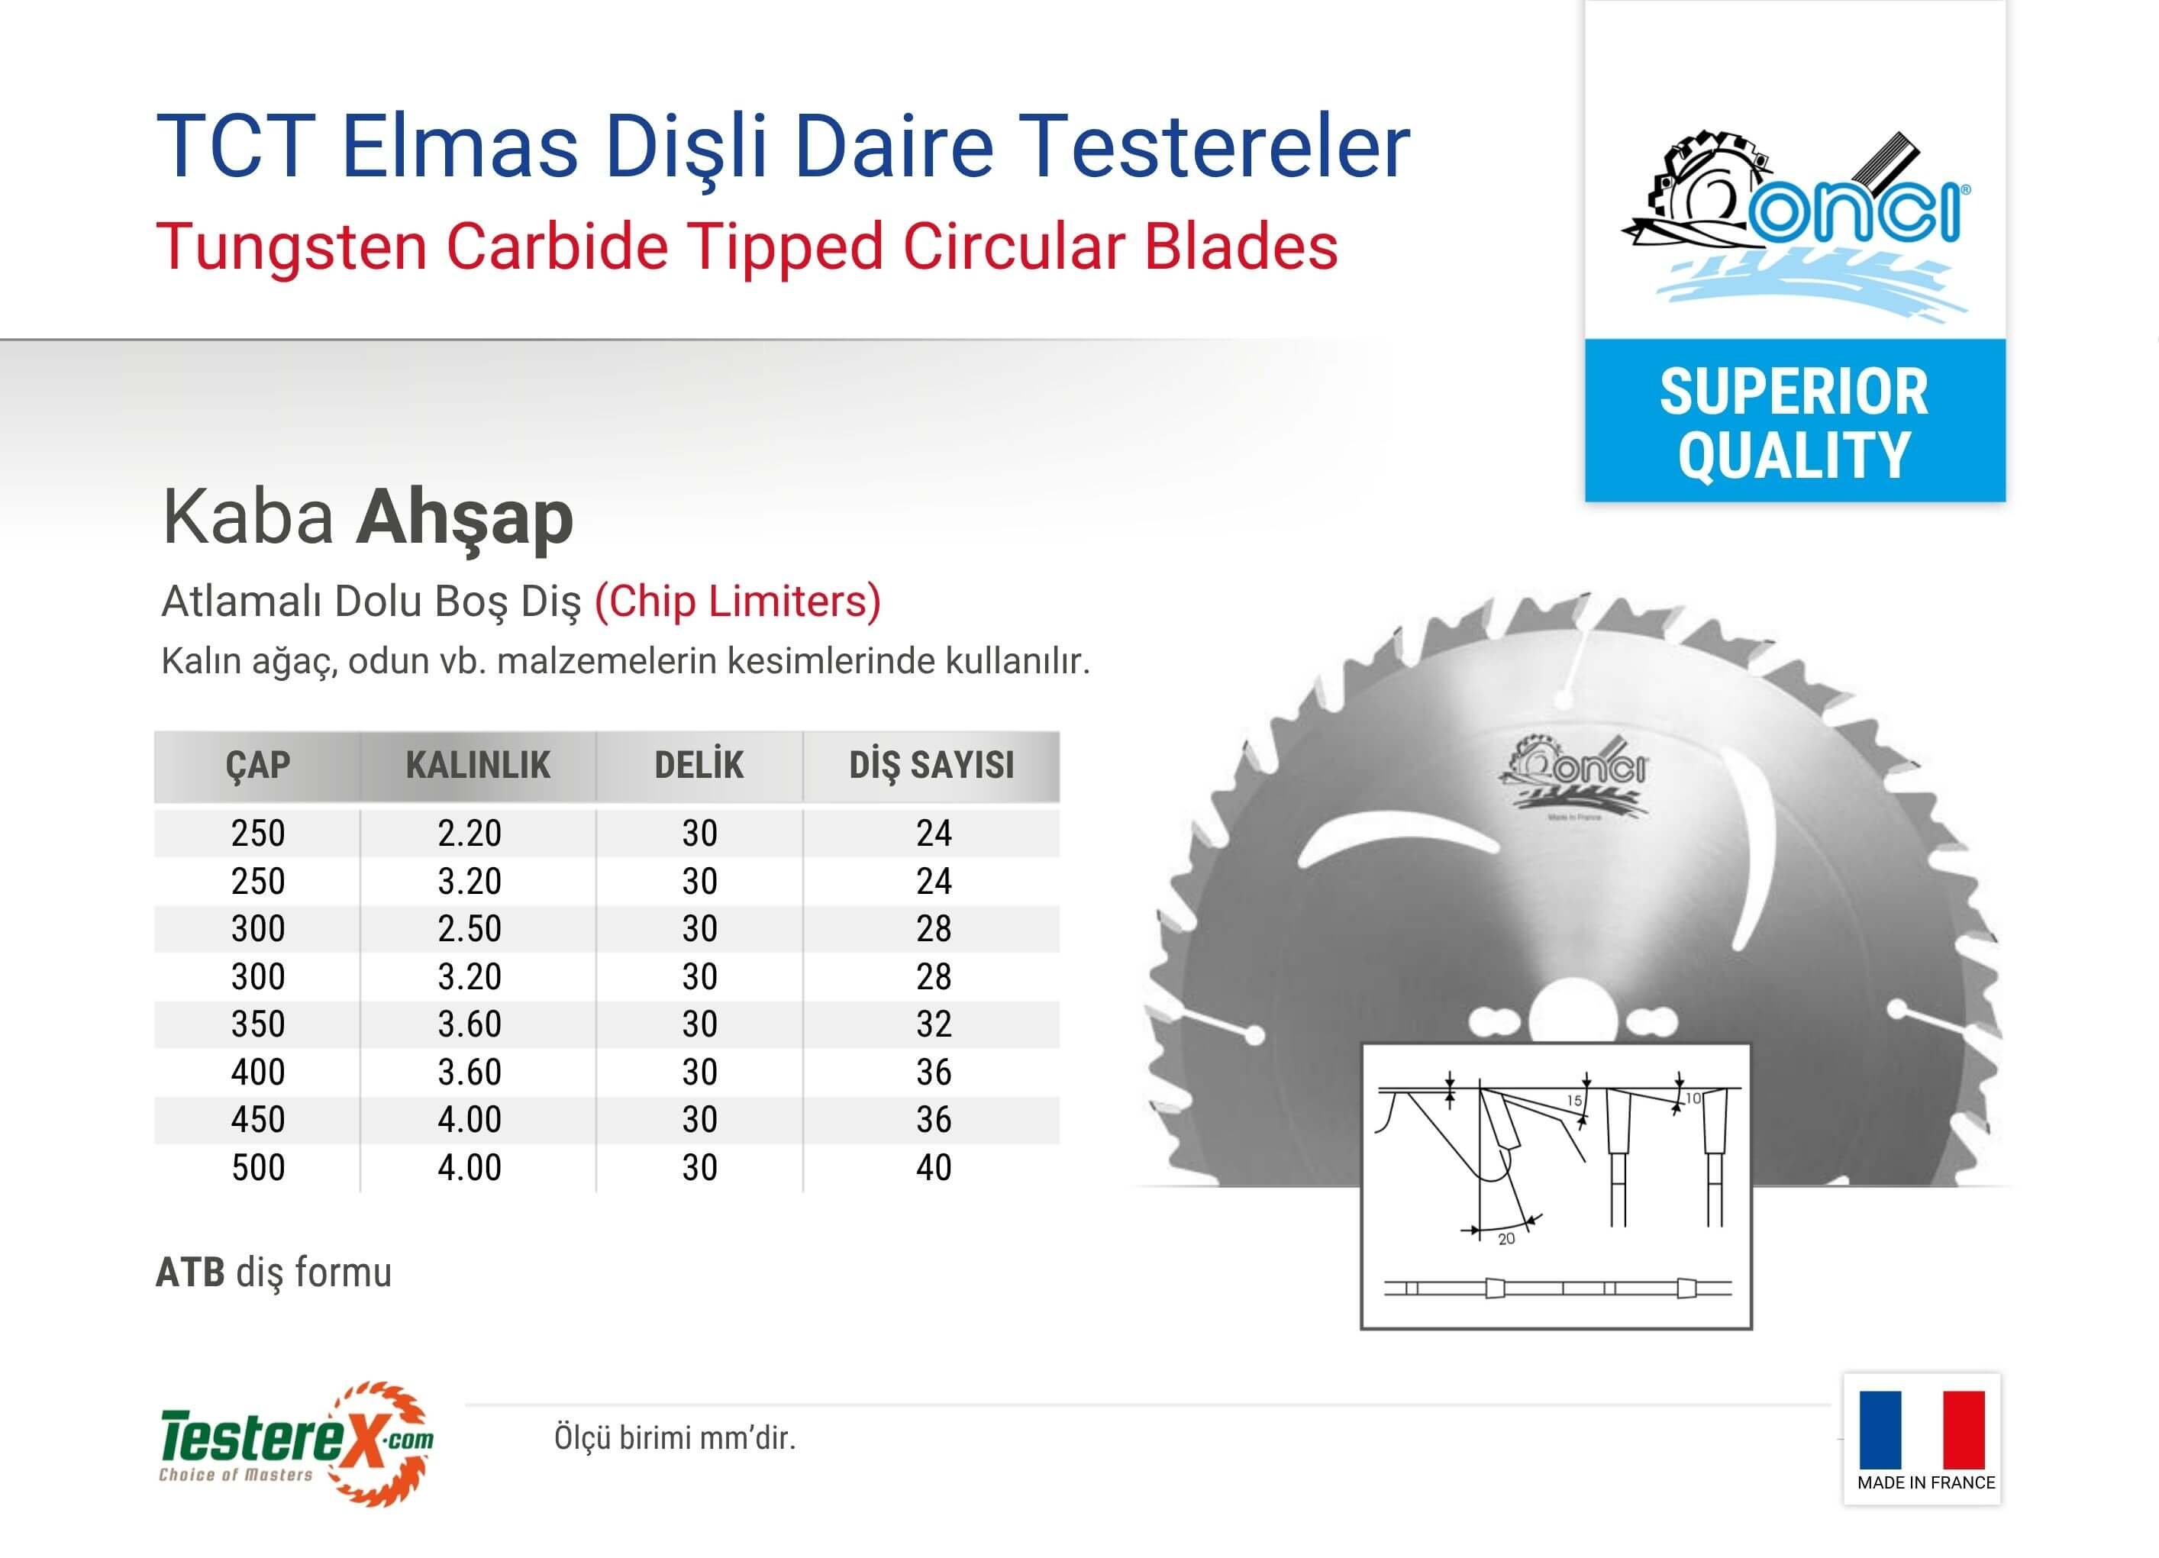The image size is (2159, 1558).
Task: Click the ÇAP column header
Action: pos(258,765)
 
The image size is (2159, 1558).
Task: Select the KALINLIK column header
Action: pos(478,765)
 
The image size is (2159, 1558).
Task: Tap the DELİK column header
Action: pos(699,764)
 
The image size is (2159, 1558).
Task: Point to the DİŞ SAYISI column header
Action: pos(932,765)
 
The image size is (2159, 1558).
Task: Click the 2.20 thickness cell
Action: pos(470,834)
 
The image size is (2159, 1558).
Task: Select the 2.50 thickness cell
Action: pos(470,929)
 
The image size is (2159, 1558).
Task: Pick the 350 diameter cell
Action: pos(258,1024)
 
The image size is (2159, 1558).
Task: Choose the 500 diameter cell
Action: pos(258,1168)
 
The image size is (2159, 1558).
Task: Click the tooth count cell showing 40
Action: pos(934,1168)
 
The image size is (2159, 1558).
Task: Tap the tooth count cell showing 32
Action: pos(934,1024)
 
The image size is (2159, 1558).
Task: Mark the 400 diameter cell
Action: pos(258,1073)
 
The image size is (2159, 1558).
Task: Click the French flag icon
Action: pos(1922,1431)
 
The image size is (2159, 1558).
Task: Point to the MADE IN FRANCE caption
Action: pos(1926,1483)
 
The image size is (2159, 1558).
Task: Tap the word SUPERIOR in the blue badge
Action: pos(1794,391)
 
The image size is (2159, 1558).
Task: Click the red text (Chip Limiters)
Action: pos(737,602)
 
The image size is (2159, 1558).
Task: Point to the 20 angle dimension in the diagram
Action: pos(1506,1239)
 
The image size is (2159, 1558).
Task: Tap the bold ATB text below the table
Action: pos(190,1273)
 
